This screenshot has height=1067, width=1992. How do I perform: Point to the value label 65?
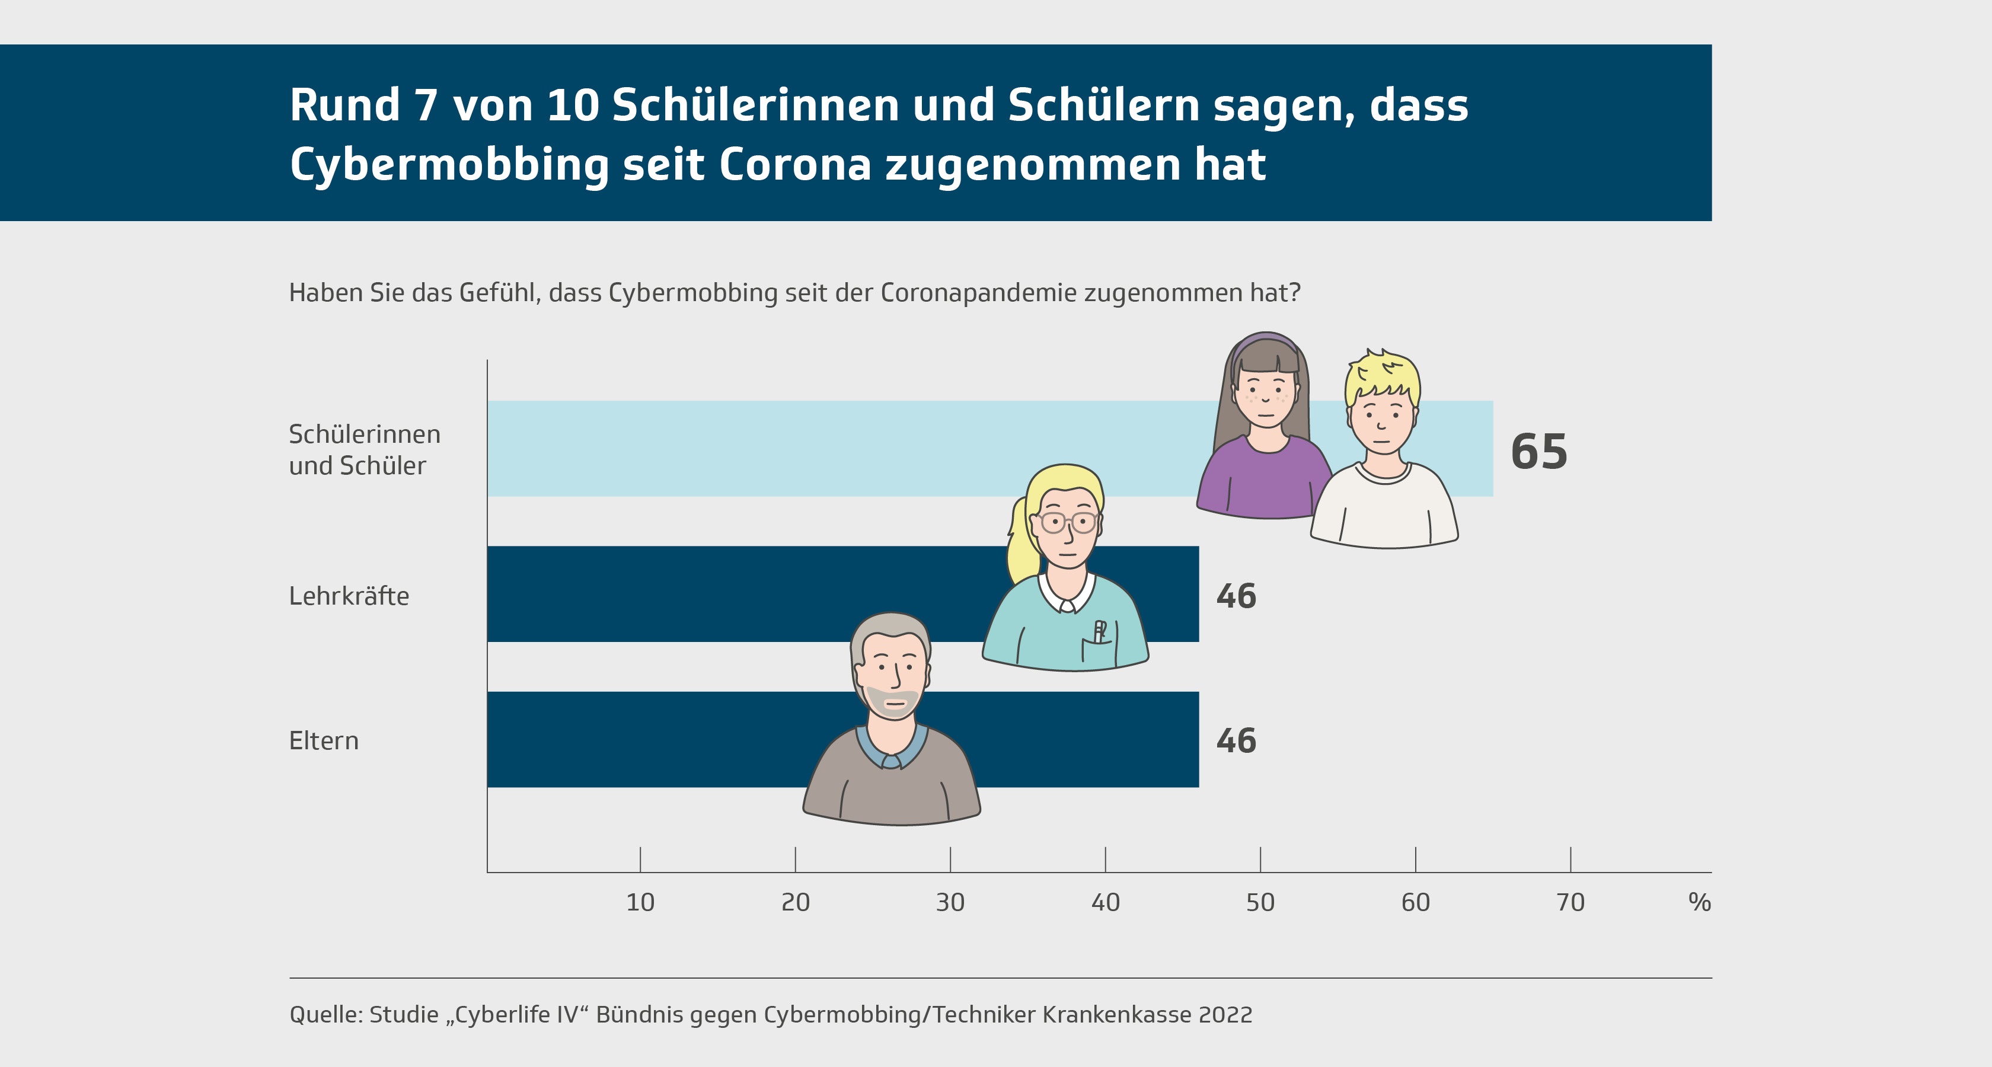click(x=1539, y=452)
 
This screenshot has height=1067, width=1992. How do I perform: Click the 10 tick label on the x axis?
click(x=640, y=902)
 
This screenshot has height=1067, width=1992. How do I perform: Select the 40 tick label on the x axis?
click(x=1105, y=902)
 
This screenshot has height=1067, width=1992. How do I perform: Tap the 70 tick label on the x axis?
click(x=1570, y=902)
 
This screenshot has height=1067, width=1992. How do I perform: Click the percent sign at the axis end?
click(x=1699, y=902)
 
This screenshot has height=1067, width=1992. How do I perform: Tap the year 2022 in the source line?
click(x=1225, y=1014)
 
